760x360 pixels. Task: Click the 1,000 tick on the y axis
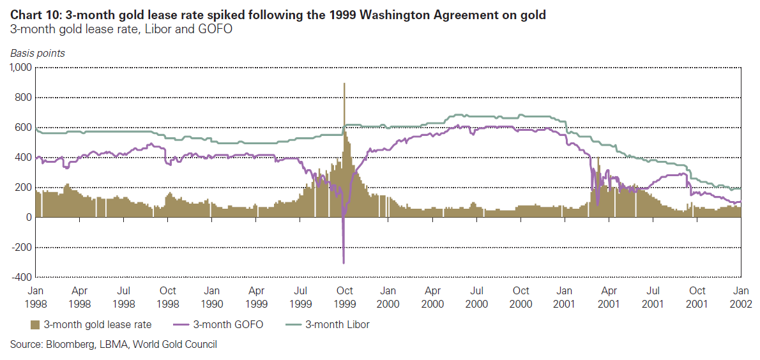pos(21,68)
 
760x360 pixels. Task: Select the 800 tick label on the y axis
pos(24,98)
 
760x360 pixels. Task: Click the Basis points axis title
pos(37,54)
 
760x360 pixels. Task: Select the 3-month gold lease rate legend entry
pos(92,324)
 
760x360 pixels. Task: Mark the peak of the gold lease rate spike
pos(344,83)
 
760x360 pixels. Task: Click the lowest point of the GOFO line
pos(344,263)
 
